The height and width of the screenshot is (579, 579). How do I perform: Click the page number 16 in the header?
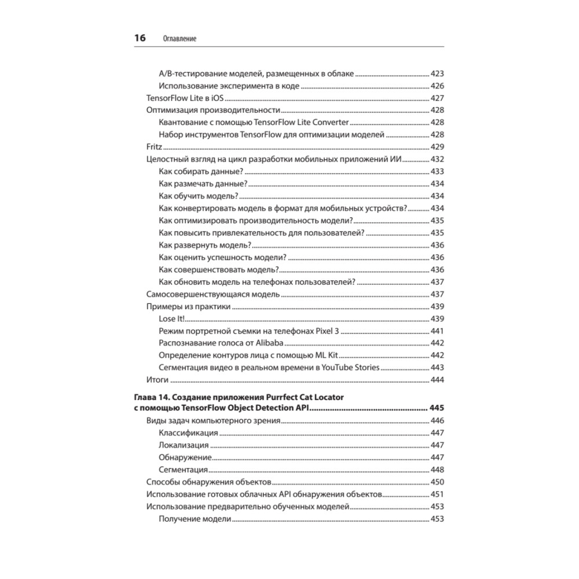(140, 38)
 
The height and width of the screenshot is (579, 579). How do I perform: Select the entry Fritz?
(153, 146)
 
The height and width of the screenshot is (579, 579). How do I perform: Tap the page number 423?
(437, 74)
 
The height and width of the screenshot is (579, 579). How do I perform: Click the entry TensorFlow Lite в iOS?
(185, 98)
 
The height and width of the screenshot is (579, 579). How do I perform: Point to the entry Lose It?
(171, 319)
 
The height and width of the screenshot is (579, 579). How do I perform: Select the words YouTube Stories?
(351, 367)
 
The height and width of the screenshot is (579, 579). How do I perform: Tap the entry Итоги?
(157, 380)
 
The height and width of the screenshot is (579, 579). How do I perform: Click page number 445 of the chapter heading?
(436, 408)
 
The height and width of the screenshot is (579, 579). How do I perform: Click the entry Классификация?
(188, 433)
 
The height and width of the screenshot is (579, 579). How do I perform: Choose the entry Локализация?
(184, 445)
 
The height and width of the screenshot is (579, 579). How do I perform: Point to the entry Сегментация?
(183, 469)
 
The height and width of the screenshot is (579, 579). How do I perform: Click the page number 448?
(437, 469)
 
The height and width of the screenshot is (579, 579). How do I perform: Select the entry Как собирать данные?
(200, 171)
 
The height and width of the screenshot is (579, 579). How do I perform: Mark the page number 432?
(437, 159)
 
